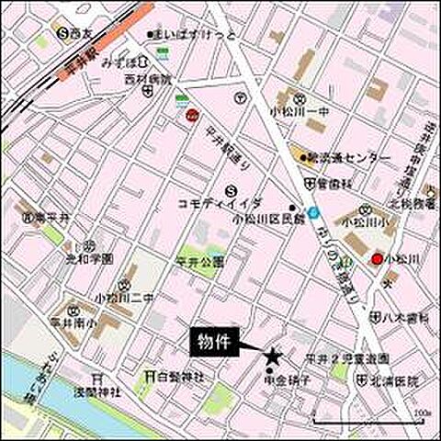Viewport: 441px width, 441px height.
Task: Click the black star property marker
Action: (271, 355)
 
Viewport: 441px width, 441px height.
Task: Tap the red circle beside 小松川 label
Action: (377, 260)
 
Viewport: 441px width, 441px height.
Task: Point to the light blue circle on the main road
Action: (314, 212)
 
